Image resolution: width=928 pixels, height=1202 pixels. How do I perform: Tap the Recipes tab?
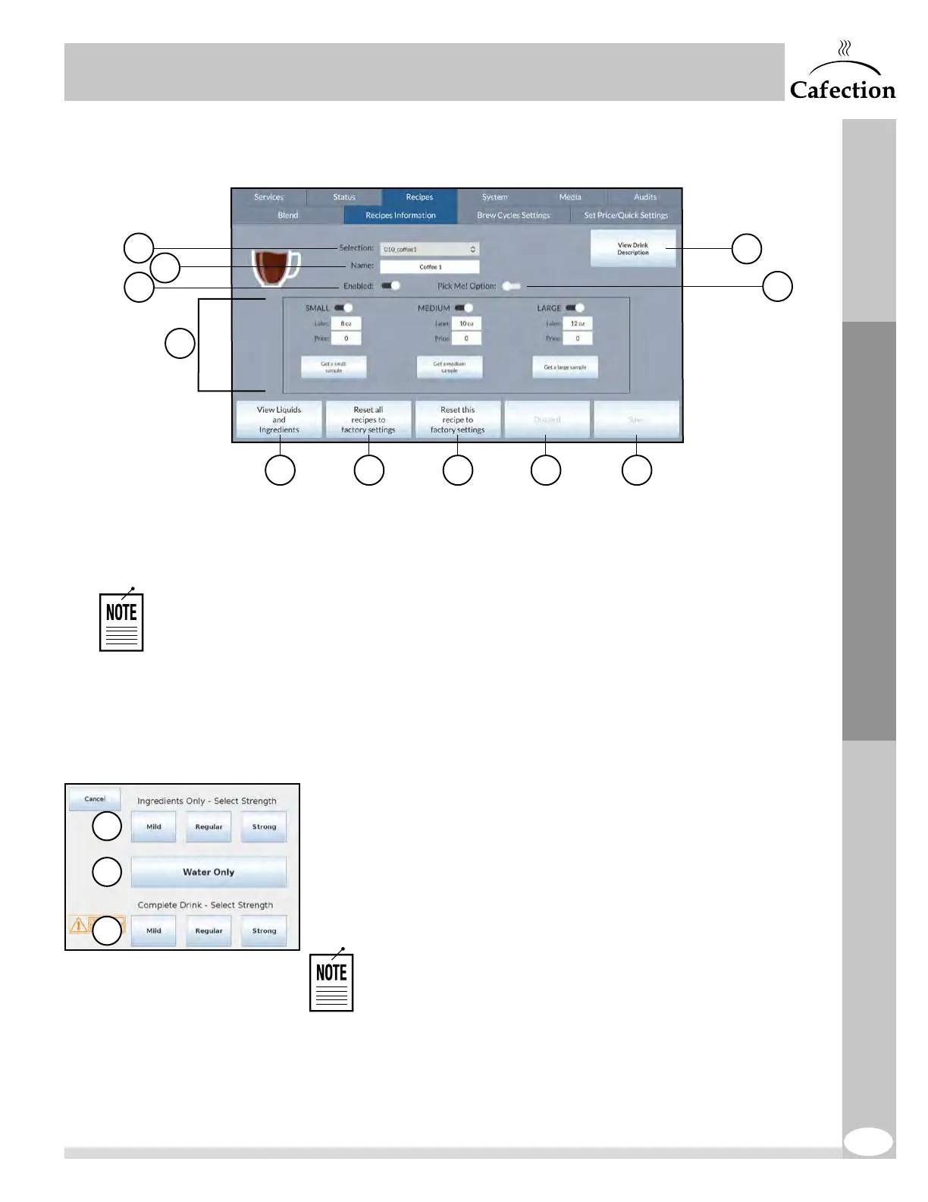pos(419,197)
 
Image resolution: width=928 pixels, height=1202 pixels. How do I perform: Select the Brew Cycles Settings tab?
pos(513,216)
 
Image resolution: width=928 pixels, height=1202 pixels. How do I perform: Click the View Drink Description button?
pos(632,249)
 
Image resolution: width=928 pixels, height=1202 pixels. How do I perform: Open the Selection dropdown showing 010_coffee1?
pos(429,249)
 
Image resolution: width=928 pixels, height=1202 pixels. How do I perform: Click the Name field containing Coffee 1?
pos(429,267)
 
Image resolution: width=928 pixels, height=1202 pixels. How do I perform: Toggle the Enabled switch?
pos(390,286)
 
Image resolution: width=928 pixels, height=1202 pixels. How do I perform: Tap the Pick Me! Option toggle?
pos(512,286)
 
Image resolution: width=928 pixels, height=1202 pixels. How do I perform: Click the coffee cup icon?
pos(275,267)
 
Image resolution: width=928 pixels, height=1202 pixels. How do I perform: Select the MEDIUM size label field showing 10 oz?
pos(466,323)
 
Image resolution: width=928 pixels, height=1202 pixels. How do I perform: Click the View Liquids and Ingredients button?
pos(279,420)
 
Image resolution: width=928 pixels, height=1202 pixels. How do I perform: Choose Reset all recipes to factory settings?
pos(368,420)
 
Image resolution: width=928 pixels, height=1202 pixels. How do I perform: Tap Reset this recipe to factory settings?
pos(458,420)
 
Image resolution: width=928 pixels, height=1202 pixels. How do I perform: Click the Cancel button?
pos(95,799)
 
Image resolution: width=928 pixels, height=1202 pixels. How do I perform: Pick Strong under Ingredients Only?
pos(264,827)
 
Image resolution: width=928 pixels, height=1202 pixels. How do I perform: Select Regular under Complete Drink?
pos(208,931)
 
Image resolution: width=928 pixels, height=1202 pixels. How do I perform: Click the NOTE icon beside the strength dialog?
pos(331,981)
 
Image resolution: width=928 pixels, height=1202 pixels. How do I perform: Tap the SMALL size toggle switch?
pos(343,308)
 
